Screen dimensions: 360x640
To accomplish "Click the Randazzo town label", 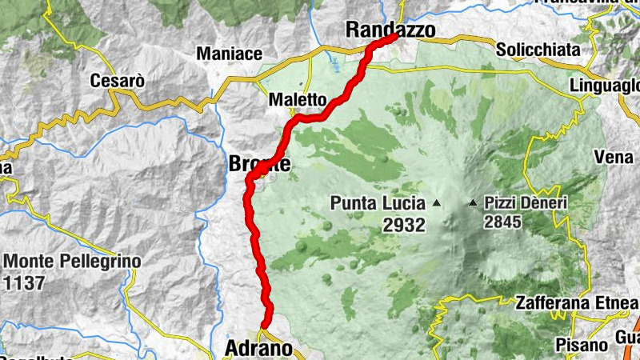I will point(390,30).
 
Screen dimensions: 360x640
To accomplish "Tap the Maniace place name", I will point(230,54).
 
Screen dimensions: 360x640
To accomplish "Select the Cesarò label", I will point(117,81).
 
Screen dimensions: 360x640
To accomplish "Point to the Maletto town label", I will point(298,101).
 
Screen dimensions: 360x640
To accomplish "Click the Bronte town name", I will point(259,164).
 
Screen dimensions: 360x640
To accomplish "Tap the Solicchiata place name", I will point(538,50).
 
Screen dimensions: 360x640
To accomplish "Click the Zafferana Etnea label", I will point(577,303).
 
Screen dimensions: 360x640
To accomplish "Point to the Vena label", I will point(614,158).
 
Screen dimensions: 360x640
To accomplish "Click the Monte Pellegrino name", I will point(72,262).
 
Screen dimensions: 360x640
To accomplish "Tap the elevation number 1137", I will point(23,282).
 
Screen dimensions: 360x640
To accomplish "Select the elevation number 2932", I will point(404,225).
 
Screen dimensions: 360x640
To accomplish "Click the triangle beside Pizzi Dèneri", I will point(474,203).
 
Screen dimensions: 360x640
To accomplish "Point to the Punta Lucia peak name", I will point(378,203).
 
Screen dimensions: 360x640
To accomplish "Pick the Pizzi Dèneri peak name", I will point(525,203).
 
